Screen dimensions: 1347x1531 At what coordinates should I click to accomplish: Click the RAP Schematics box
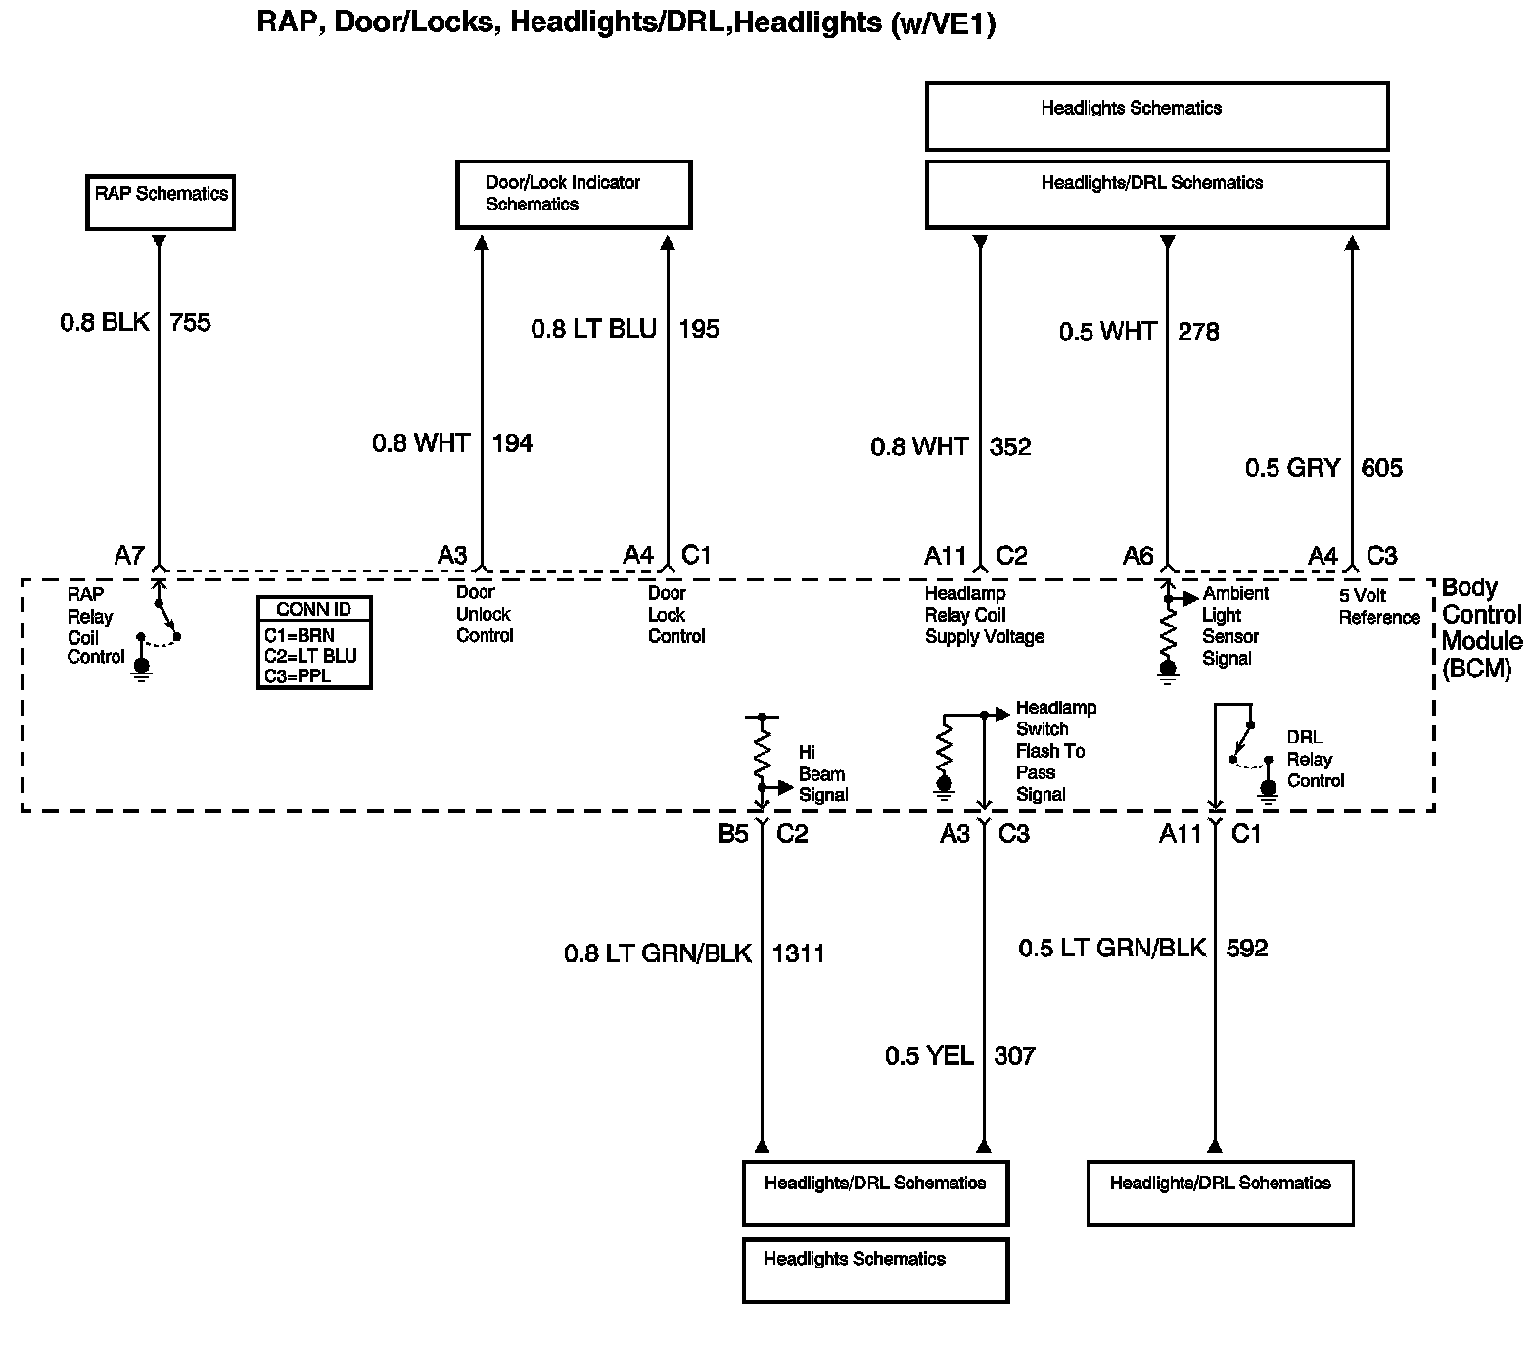click(x=161, y=203)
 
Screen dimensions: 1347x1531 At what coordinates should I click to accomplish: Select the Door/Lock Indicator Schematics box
click(x=574, y=195)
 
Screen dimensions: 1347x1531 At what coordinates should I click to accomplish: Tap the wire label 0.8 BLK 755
click(x=135, y=322)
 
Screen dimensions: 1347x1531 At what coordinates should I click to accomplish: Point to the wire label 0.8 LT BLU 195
click(x=625, y=329)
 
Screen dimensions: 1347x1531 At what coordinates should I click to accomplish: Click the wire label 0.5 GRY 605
click(x=1323, y=468)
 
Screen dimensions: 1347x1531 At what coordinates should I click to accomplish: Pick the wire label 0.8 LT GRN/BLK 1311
click(x=694, y=952)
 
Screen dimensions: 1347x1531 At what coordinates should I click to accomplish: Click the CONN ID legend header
click(x=313, y=609)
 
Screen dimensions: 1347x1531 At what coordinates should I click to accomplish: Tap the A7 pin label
click(x=129, y=556)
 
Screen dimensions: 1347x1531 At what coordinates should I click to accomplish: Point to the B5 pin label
click(x=733, y=834)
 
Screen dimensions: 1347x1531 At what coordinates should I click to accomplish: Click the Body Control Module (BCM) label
click(x=1481, y=627)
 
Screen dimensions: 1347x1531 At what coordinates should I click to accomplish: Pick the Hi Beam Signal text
click(x=822, y=773)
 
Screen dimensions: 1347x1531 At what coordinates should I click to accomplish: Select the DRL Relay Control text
click(x=1315, y=759)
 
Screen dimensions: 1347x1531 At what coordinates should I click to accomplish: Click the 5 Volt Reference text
click(x=1378, y=606)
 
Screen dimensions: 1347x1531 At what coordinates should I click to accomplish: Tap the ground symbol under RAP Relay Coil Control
click(x=142, y=669)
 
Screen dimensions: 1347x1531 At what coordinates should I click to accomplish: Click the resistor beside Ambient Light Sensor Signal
click(x=1167, y=636)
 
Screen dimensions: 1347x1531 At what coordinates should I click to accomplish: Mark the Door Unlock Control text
click(x=485, y=614)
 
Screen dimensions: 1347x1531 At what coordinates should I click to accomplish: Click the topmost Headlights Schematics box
click(x=1156, y=116)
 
